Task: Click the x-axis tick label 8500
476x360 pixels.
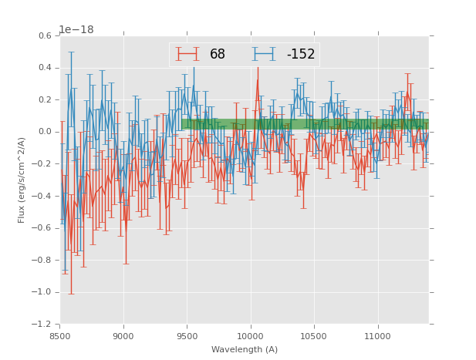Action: click(x=60, y=336)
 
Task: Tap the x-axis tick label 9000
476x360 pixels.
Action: click(x=123, y=336)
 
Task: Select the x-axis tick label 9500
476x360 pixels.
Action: click(x=187, y=336)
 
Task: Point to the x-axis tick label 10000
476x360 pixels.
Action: click(x=250, y=336)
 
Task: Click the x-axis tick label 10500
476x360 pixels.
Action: click(x=314, y=336)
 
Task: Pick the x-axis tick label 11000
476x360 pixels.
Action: click(x=377, y=336)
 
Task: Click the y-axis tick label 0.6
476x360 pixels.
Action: click(x=46, y=36)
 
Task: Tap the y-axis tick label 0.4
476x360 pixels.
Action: click(x=46, y=68)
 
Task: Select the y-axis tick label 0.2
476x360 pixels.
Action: click(x=46, y=100)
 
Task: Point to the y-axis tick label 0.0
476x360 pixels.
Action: click(x=46, y=132)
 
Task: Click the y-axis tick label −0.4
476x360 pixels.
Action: click(x=43, y=196)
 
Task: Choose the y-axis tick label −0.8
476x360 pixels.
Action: click(x=43, y=261)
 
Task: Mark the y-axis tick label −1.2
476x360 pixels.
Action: click(x=43, y=325)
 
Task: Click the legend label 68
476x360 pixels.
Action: click(x=218, y=55)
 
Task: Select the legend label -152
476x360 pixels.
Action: click(x=301, y=55)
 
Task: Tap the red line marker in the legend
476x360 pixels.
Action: click(x=187, y=55)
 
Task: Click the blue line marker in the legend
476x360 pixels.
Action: click(x=264, y=55)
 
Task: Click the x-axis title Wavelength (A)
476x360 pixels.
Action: click(x=245, y=350)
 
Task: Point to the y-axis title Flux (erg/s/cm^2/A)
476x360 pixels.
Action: click(x=22, y=180)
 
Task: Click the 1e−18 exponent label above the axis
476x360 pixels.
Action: click(x=76, y=29)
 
